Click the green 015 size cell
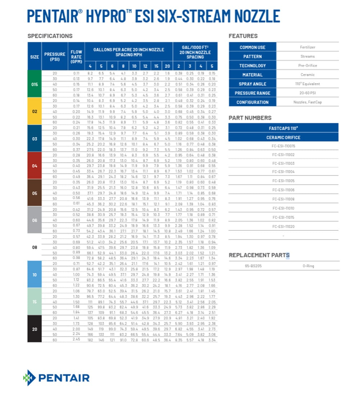[x=35, y=84]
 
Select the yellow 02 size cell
[x=35, y=111]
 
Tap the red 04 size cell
[x=35, y=166]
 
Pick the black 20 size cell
[x=35, y=329]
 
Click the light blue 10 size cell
[x=35, y=274]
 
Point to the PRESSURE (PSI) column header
[x=55, y=57]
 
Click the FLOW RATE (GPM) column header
[x=76, y=57]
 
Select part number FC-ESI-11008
[x=283, y=199]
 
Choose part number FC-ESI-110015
[x=283, y=146]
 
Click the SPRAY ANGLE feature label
[x=253, y=84]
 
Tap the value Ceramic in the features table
[x=307, y=75]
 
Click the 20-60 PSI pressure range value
[x=307, y=93]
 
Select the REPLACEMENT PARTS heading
[x=259, y=255]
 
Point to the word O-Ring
[x=308, y=266]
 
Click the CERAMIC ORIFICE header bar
[x=283, y=137]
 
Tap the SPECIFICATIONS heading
[x=50, y=36]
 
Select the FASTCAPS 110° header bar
[x=283, y=128]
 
